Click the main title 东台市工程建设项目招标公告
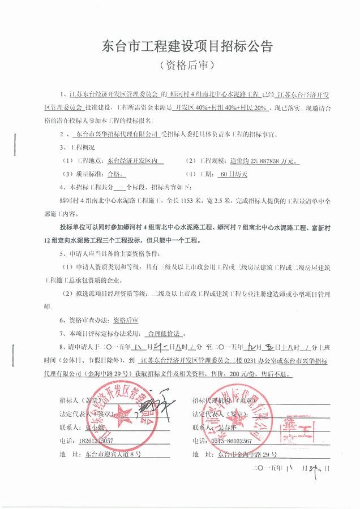179,45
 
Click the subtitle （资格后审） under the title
179,66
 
